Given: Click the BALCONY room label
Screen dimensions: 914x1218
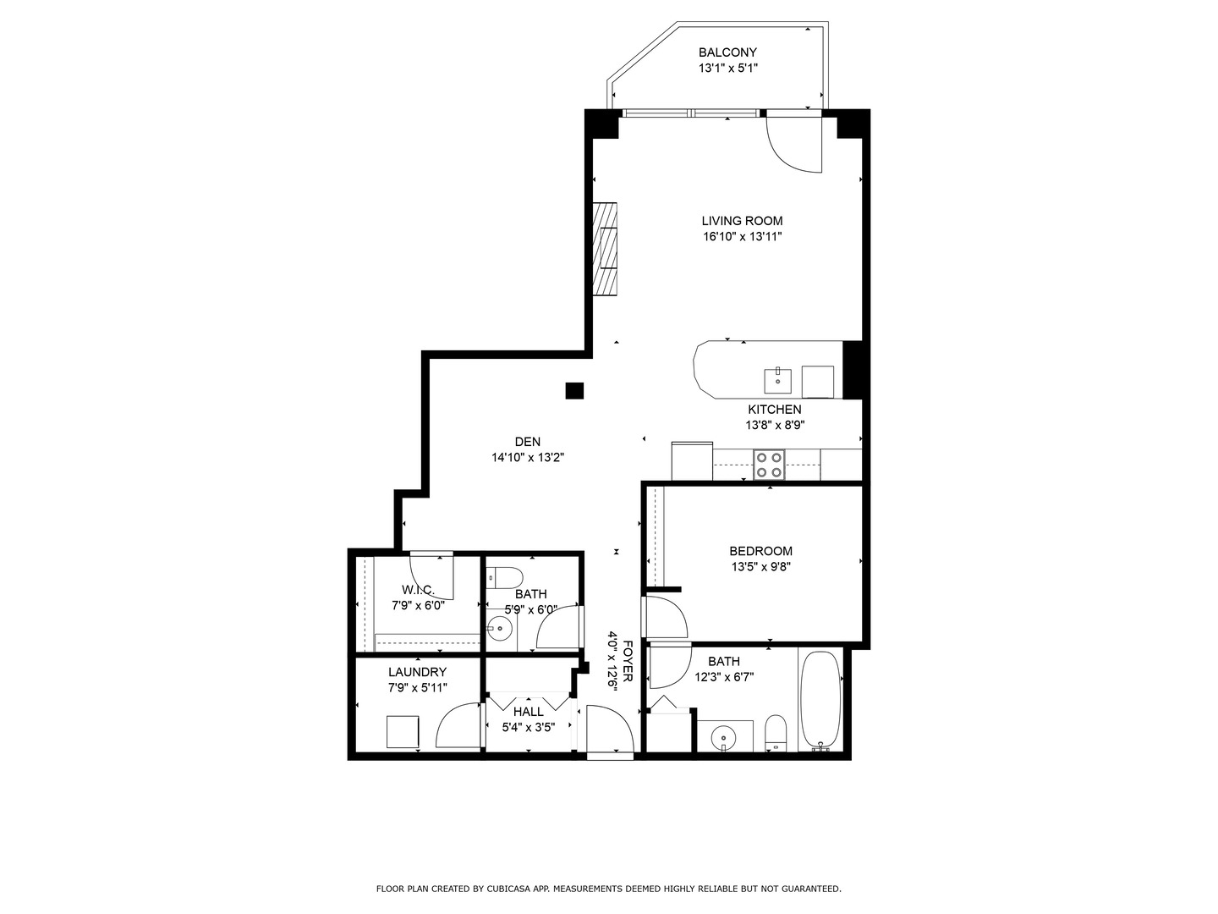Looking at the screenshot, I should pos(727,52).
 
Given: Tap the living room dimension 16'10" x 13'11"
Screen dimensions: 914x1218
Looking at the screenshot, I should pos(742,237).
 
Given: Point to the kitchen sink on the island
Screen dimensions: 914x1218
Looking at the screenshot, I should pos(777,381).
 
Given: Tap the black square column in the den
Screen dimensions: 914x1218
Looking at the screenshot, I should pos(574,390).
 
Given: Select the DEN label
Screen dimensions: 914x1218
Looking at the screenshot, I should pos(528,441).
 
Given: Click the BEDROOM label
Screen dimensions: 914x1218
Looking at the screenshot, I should pos(760,551).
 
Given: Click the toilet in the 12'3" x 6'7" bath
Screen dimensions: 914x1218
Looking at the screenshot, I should pos(776,732).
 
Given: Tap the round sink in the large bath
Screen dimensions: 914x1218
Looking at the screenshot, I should pos(724,737).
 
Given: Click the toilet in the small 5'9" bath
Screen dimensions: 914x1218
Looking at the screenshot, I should pos(506,578).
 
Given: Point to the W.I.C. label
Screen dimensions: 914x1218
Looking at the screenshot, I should pos(418,589).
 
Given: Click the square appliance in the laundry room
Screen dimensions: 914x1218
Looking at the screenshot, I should pos(403,732).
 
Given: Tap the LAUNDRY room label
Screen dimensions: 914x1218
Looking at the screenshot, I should pos(418,672).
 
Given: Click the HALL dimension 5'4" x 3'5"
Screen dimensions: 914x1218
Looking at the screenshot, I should pos(528,727).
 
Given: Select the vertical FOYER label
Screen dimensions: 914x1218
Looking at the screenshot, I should pos(628,662).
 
